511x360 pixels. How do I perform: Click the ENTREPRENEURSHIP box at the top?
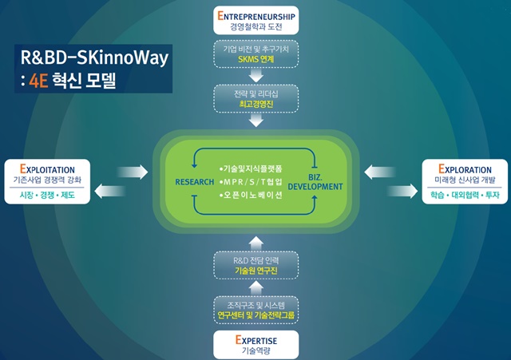255,20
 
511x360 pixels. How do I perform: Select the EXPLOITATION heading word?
47,169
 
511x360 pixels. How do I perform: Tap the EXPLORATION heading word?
465,169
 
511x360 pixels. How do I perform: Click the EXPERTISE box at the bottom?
255,345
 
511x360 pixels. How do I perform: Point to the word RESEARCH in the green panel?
195,182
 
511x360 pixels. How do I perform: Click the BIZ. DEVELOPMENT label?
315,182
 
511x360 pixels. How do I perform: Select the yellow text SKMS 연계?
255,59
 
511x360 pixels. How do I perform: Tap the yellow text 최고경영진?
255,104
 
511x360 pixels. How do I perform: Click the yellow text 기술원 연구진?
255,271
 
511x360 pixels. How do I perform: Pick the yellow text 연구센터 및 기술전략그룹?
255,315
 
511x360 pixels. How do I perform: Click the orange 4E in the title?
38,81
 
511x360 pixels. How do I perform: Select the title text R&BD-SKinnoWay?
94,58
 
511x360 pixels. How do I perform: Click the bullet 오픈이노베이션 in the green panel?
251,195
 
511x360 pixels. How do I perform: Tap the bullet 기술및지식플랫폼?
251,168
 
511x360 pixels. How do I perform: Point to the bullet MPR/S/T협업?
251,182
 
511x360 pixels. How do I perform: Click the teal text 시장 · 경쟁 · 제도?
47,195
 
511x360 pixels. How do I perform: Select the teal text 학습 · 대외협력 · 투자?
465,195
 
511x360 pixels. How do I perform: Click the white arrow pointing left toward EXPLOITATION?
110,191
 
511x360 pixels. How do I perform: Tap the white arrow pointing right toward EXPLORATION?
402,191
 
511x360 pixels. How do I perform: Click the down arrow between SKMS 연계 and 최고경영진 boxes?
255,76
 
